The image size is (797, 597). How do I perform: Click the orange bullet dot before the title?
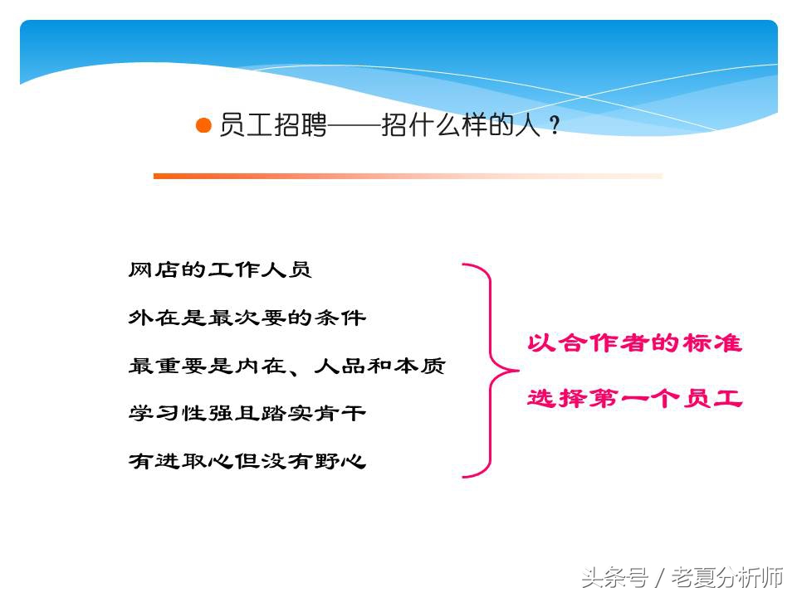203,126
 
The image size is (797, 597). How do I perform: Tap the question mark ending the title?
555,127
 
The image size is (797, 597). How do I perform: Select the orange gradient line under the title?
407,176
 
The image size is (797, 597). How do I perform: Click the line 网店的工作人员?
220,269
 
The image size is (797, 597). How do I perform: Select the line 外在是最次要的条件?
247,317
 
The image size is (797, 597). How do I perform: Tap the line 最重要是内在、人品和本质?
286,365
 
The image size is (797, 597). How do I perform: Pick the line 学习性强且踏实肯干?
247,412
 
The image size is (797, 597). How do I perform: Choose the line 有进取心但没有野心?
247,460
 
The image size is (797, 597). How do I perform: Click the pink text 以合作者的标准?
634,343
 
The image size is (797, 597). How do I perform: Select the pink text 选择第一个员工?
634,398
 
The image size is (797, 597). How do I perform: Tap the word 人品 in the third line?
340,365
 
